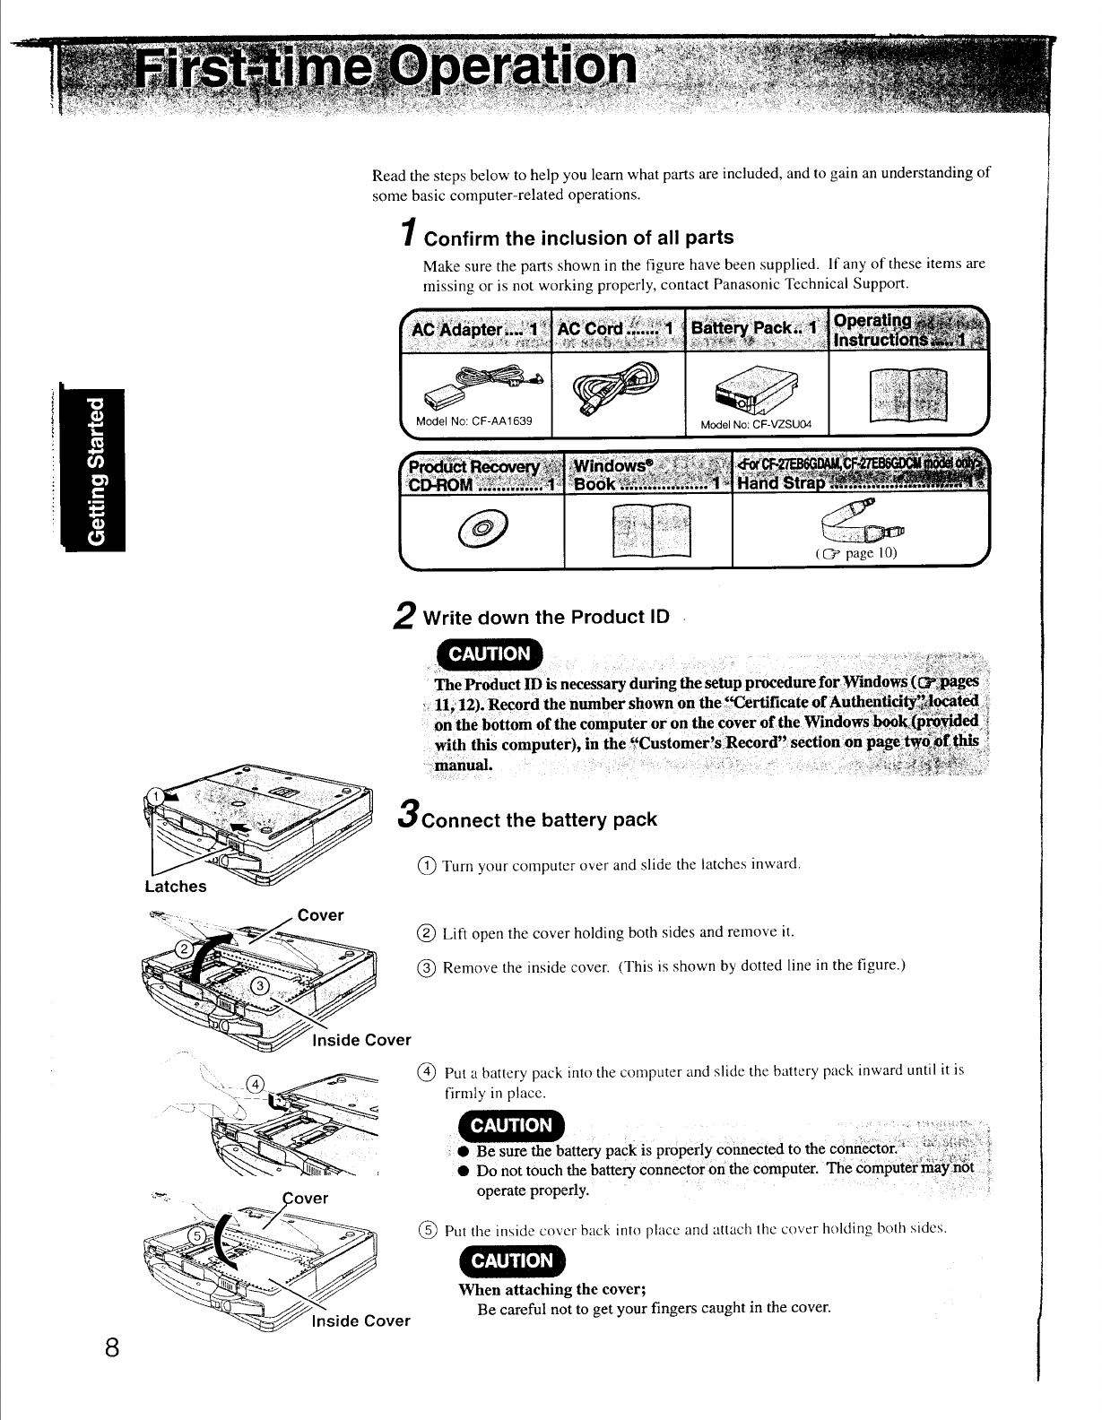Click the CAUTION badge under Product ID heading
[x=489, y=654]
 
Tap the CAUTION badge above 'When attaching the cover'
[x=512, y=1261]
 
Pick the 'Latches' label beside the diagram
[x=176, y=887]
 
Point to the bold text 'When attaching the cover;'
[x=551, y=1289]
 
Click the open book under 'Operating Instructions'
[x=907, y=394]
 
